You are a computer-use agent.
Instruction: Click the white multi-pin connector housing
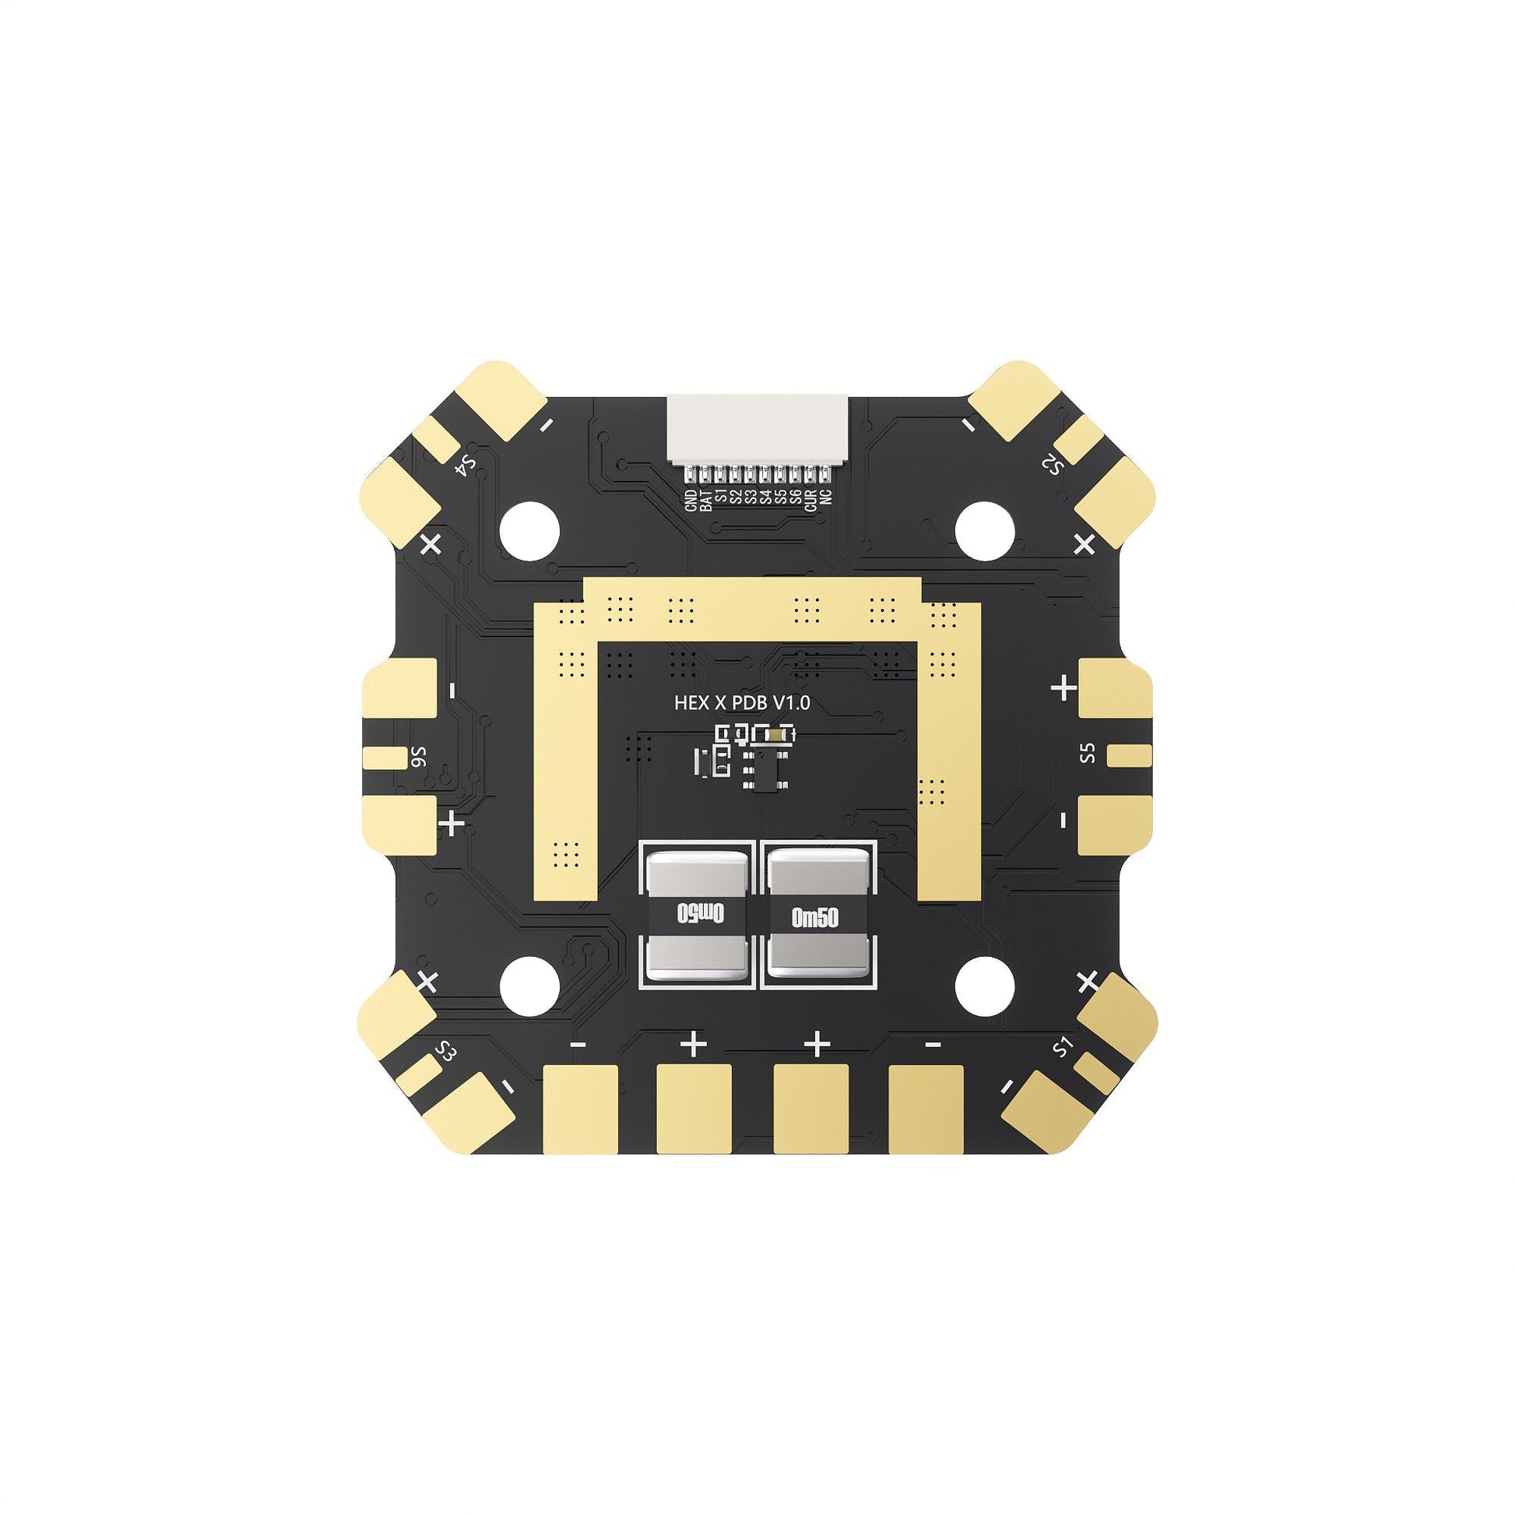tap(757, 427)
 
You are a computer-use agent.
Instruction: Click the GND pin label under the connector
tap(691, 500)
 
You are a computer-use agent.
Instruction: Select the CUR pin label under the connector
tap(810, 500)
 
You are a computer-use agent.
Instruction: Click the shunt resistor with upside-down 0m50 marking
tap(700, 913)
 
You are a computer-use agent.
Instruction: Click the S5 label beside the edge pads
tap(1086, 754)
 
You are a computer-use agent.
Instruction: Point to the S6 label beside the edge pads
tap(421, 757)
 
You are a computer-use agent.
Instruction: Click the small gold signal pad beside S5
tap(1129, 756)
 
